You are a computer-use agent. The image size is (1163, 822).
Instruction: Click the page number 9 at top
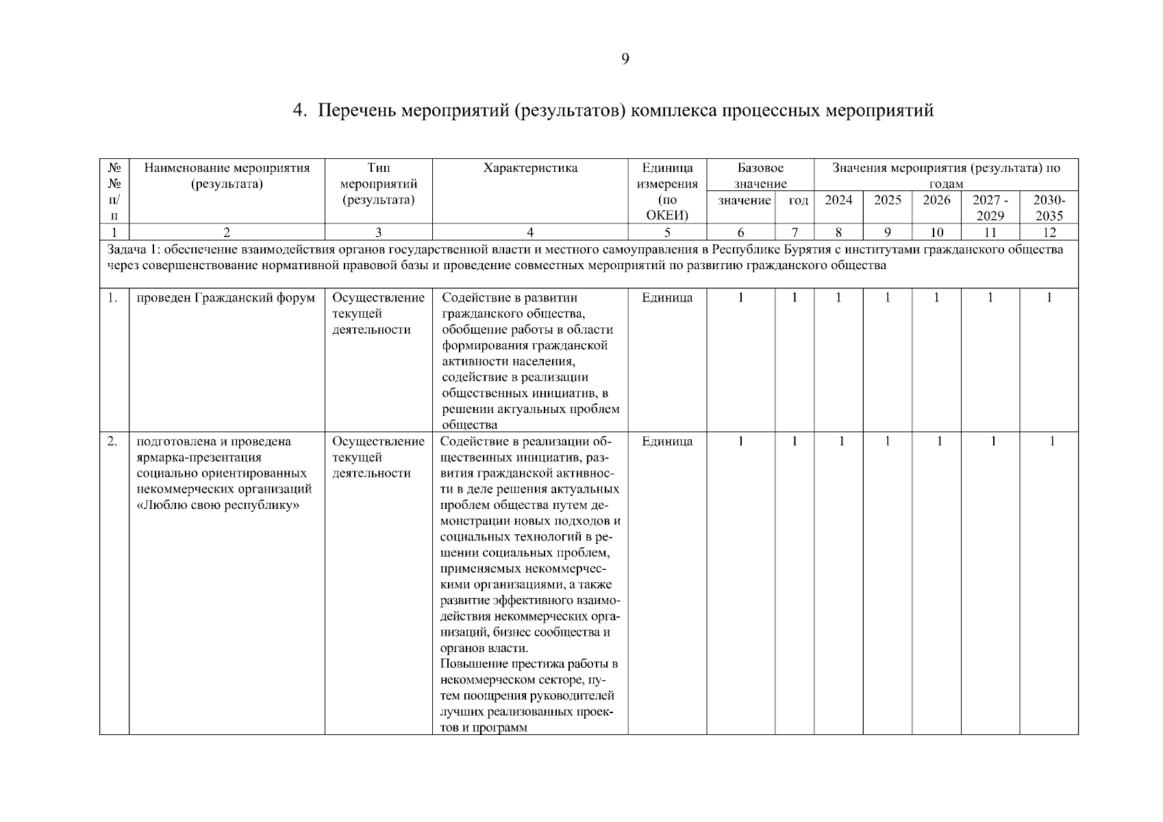[625, 59]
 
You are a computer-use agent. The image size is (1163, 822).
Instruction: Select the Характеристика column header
[530, 169]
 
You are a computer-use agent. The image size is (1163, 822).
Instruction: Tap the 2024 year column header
[838, 200]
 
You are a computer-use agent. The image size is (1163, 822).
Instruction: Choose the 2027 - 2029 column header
[990, 208]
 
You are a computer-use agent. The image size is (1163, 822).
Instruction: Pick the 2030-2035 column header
[1049, 208]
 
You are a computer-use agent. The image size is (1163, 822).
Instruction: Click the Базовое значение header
[760, 175]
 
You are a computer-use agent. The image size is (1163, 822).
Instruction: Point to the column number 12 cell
[1049, 232]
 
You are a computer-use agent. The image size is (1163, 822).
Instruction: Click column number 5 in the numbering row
[667, 232]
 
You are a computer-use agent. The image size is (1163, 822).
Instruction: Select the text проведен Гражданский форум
[226, 298]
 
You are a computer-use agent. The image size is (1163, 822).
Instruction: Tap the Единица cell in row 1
[667, 298]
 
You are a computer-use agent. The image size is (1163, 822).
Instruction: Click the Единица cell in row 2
[667, 442]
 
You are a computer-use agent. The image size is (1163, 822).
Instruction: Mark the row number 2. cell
[114, 442]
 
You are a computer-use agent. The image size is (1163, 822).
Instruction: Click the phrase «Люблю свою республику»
[220, 506]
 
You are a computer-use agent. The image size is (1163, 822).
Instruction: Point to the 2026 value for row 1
[936, 298]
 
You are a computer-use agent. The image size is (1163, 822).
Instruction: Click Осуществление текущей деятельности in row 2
[378, 458]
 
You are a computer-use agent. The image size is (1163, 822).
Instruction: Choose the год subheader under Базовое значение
[798, 201]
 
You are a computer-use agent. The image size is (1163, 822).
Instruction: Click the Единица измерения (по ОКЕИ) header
[667, 192]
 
